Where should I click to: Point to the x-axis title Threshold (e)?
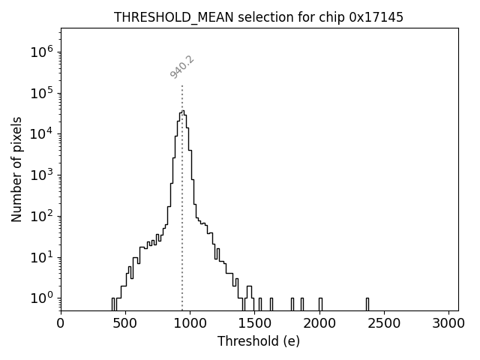(259, 341)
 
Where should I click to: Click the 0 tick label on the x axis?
(61, 323)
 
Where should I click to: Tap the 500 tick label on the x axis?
(125, 323)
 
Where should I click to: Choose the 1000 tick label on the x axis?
(190, 323)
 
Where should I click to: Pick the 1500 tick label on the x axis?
(254, 323)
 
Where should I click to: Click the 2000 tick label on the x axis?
(319, 323)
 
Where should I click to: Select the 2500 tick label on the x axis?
(384, 323)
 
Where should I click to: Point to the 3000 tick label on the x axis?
(448, 323)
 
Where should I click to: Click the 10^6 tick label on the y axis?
(41, 52)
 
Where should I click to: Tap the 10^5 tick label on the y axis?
(41, 93)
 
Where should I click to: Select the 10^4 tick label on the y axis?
(41, 134)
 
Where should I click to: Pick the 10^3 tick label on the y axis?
(41, 175)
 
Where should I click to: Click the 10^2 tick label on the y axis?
(41, 216)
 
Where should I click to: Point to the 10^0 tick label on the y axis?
(41, 298)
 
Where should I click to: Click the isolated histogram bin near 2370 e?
(367, 303)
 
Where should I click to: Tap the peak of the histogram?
(182, 111)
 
